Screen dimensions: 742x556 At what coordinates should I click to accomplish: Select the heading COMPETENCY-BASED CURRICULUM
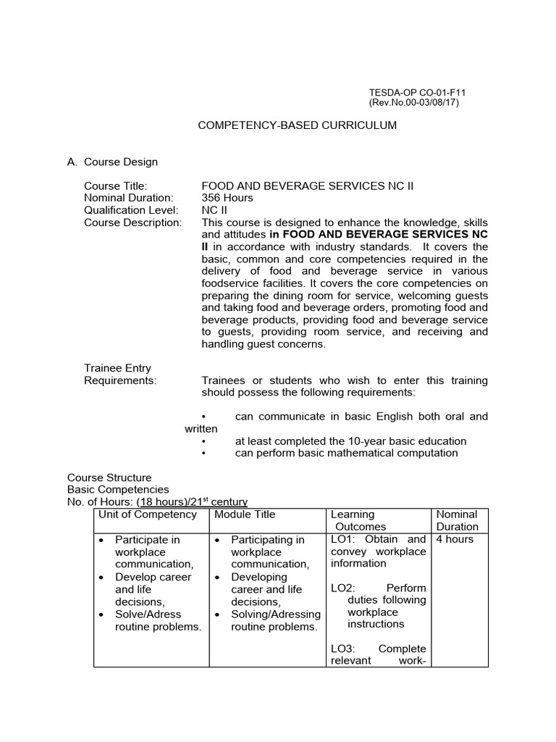click(298, 125)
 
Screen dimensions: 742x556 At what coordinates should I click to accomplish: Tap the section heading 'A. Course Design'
click(112, 162)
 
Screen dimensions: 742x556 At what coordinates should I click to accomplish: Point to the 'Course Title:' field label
click(116, 186)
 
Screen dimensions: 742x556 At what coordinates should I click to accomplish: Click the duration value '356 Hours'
click(227, 198)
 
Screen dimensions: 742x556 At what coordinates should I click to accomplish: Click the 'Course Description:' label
click(133, 222)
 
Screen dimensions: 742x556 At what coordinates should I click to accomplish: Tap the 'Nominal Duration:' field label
click(129, 198)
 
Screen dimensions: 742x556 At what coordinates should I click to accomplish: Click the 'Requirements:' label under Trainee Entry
click(120, 380)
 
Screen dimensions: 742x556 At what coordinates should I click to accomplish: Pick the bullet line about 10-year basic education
click(350, 441)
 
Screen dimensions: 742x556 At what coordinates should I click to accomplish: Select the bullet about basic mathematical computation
click(346, 453)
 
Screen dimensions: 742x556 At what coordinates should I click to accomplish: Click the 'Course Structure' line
click(109, 478)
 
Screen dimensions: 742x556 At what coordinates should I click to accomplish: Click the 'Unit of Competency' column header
click(147, 514)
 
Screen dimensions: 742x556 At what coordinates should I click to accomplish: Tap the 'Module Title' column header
click(245, 514)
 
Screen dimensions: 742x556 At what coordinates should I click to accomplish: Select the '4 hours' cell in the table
click(455, 539)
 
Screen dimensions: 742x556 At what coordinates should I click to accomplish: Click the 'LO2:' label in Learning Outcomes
click(342, 588)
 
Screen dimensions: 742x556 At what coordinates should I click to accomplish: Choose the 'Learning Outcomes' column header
click(358, 520)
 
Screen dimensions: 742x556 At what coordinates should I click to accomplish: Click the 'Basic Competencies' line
click(118, 490)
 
